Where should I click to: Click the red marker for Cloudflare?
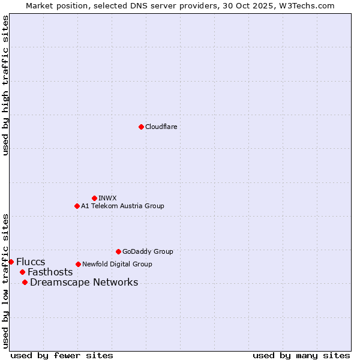[141, 127]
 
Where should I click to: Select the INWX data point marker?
[94, 198]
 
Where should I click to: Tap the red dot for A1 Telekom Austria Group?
[77, 206]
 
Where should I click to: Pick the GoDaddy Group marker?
[118, 251]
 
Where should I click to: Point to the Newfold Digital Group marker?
[78, 264]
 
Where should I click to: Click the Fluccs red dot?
[11, 262]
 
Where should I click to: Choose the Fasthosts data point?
[22, 272]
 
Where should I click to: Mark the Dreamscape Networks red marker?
[25, 282]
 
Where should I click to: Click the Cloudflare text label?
[161, 127]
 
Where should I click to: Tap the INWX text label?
[107, 198]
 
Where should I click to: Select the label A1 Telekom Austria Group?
[122, 206]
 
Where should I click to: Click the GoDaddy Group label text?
[148, 251]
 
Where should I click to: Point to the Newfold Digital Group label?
[117, 264]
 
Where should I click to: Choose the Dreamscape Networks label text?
[84, 282]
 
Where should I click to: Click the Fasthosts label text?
[50, 272]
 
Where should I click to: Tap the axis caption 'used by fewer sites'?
[62, 355]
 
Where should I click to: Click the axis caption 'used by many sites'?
[301, 355]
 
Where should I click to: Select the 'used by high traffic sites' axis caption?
[5, 85]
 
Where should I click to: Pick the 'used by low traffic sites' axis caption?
[5, 280]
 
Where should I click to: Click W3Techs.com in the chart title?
[304, 5]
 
